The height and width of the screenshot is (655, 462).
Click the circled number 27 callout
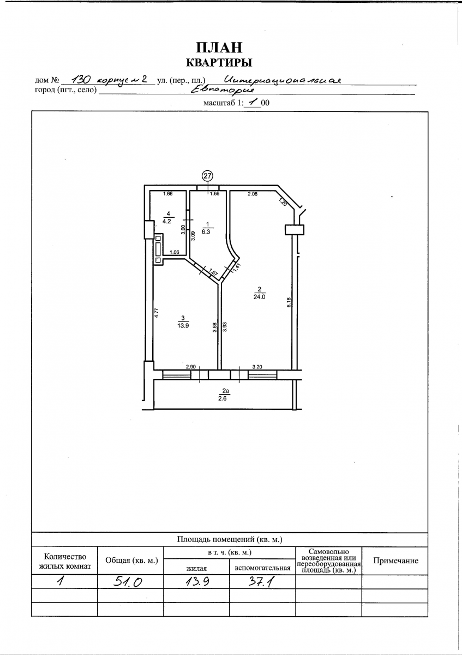point(207,176)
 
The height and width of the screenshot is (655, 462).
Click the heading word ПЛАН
point(219,47)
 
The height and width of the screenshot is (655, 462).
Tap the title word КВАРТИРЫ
point(219,63)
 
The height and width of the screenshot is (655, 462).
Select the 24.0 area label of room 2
point(260,297)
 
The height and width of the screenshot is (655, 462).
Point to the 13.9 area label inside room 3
point(183,325)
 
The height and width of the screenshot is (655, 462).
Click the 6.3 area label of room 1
point(206,231)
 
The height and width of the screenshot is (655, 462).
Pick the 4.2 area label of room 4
point(167,221)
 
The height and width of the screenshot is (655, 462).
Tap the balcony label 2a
point(226,391)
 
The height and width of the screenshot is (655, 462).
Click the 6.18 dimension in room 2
point(289,302)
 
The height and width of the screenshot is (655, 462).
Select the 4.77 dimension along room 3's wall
point(157,313)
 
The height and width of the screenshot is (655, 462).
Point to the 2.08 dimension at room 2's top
point(253,194)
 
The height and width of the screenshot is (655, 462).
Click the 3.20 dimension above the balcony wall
point(257,367)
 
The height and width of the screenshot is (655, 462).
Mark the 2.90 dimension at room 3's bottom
point(191,367)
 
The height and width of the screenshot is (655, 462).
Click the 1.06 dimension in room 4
point(174,252)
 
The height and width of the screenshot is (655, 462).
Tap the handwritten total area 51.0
point(128,582)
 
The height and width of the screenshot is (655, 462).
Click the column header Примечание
point(395,561)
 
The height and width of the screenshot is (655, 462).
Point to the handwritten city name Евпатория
point(223,91)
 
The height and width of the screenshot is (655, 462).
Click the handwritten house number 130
point(82,79)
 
